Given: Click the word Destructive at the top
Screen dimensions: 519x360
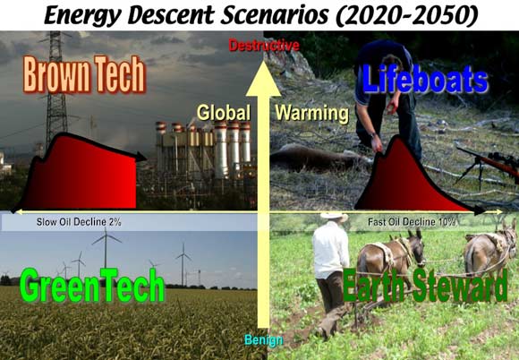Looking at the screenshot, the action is [264, 46].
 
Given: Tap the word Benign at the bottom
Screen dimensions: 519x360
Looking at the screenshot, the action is [264, 339].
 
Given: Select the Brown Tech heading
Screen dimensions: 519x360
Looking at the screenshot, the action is [84, 74].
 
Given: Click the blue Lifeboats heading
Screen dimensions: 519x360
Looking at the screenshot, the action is [425, 79].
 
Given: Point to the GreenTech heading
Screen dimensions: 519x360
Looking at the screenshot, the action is [92, 285].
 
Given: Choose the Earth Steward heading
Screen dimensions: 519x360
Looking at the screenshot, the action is [425, 285].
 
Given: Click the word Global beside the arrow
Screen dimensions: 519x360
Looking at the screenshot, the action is [224, 113].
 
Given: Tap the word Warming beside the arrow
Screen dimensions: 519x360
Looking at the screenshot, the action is [311, 113].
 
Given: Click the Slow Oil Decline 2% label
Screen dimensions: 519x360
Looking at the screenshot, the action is [79, 222].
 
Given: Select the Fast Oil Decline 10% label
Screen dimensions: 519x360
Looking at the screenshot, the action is [412, 221].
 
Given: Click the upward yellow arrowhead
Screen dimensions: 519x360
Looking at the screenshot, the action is [263, 79].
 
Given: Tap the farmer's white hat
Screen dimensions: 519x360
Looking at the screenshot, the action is [334, 216].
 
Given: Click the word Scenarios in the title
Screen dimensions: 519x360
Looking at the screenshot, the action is [275, 15].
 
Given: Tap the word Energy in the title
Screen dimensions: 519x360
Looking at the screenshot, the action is [82, 16].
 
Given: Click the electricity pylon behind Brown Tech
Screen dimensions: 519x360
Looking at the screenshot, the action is [56, 90].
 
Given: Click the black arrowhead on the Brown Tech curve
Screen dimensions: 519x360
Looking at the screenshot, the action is [141, 157].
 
